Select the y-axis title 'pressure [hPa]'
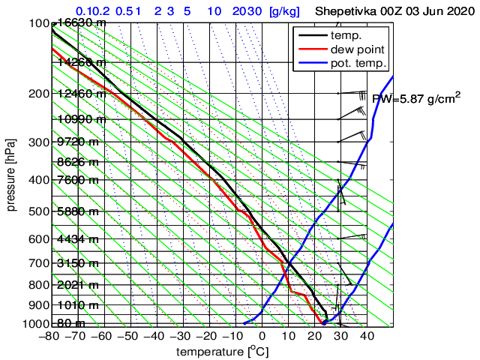11,174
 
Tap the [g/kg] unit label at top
284,12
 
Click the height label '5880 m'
78,211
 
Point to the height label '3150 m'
78,263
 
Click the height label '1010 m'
78,305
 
